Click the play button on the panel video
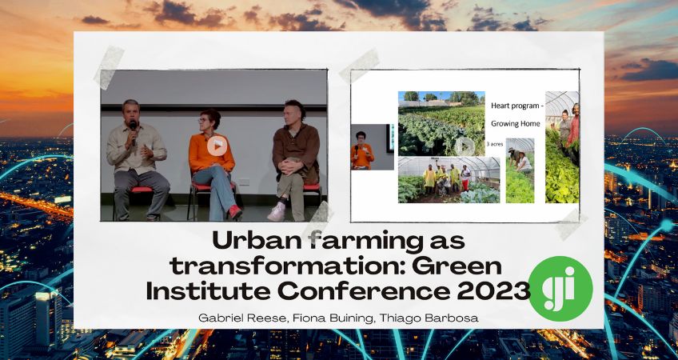coord(216,146)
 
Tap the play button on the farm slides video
coord(465,146)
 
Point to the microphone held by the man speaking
coord(133,127)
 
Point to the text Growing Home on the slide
coord(516,123)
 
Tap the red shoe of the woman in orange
coord(235,212)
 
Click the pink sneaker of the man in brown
coord(276,212)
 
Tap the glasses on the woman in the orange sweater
coord(209,122)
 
